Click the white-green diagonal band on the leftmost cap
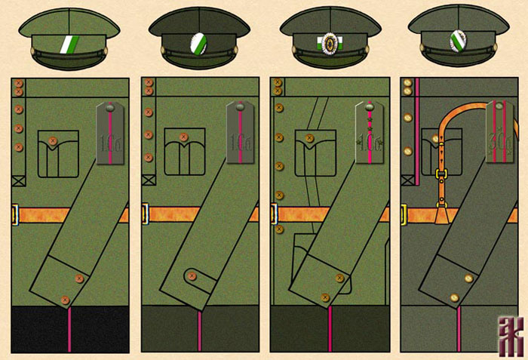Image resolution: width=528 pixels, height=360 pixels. tap(69, 47)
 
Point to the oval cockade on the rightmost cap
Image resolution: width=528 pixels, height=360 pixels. tap(457, 40)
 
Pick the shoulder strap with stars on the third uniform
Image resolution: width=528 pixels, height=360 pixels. tap(370, 136)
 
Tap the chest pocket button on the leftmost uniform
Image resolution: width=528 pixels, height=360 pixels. tap(53, 140)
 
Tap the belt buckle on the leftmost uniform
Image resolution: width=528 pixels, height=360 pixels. tap(14, 214)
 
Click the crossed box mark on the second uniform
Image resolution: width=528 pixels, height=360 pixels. tap(148, 180)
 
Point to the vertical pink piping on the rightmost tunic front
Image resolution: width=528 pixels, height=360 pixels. tap(417, 128)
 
